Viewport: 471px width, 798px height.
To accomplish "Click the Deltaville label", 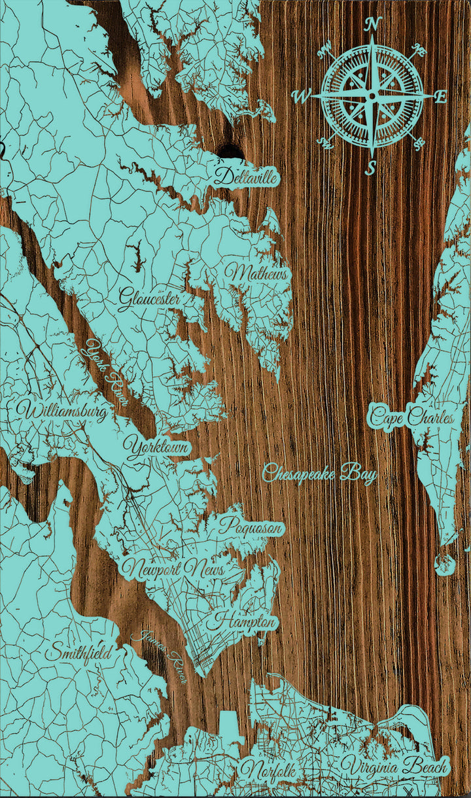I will [x=246, y=176].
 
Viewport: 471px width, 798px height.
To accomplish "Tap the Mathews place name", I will [x=257, y=273].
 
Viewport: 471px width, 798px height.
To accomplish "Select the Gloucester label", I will [x=150, y=298].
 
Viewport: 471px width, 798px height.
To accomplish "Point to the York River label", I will [x=108, y=372].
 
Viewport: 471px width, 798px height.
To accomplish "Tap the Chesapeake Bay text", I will [x=320, y=473].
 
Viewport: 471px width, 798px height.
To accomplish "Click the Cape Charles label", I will [x=411, y=417].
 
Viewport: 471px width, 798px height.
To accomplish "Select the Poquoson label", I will [x=251, y=526].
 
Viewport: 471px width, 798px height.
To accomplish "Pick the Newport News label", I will [x=173, y=568].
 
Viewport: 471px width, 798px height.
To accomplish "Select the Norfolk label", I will [x=268, y=770].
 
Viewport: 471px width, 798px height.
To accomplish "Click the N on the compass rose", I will [x=373, y=24].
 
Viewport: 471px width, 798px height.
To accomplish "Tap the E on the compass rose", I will [x=442, y=97].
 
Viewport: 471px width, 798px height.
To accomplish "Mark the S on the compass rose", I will [x=371, y=168].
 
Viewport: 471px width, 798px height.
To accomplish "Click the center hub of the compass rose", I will [x=372, y=96].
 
